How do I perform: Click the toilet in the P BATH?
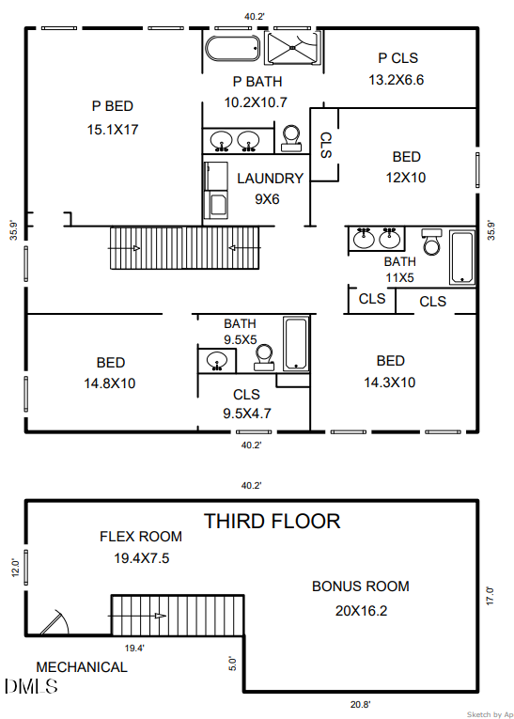(291, 137)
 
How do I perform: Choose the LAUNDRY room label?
(270, 179)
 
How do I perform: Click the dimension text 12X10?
(406, 177)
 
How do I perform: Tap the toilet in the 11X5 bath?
(431, 242)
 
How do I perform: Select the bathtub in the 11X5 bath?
(462, 255)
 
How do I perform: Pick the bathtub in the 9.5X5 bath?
(296, 344)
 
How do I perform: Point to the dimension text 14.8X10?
(110, 383)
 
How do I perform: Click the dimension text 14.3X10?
(390, 383)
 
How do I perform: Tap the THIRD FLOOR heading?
(273, 521)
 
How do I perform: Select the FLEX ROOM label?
(141, 537)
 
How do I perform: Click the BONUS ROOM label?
(361, 586)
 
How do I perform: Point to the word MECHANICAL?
(82, 667)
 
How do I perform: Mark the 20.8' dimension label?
(360, 704)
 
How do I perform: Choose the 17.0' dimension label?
(490, 595)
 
